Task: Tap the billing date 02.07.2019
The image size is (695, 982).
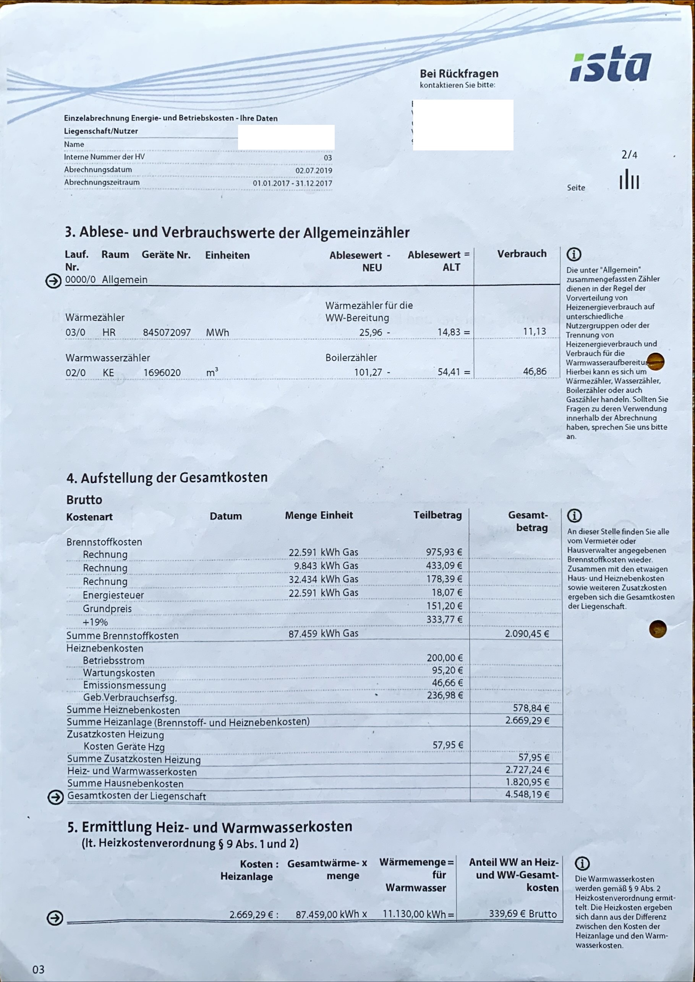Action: click(313, 170)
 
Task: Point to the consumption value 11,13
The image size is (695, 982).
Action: click(534, 331)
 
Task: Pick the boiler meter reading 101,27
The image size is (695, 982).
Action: click(368, 372)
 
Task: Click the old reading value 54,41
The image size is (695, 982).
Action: click(449, 372)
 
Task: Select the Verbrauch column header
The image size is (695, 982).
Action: click(521, 254)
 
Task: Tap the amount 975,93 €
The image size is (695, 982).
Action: click(444, 552)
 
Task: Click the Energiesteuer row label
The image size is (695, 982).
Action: click(113, 595)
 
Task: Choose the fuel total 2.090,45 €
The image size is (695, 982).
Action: click(527, 633)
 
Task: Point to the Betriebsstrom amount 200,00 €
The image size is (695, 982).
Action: click(444, 658)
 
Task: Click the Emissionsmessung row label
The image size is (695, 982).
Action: click(124, 685)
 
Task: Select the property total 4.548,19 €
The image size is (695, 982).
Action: click(527, 794)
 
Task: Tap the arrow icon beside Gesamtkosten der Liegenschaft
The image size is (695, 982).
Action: click(55, 797)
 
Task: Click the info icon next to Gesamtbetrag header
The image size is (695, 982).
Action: click(574, 515)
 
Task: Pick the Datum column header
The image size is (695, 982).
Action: click(225, 516)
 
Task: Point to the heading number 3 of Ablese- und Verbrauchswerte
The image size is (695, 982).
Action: click(70, 232)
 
